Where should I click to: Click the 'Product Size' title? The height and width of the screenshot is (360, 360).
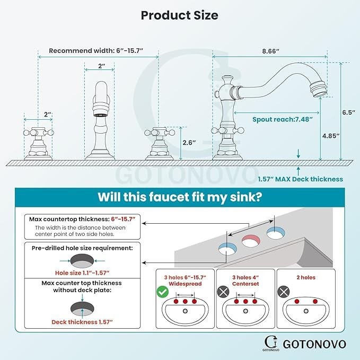(180, 15)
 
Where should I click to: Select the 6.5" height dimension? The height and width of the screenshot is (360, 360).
(348, 112)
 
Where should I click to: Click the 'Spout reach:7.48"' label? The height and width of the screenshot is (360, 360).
(282, 119)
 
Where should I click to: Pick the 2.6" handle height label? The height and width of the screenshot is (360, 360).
(189, 142)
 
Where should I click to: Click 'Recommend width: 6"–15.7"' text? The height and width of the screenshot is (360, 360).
(96, 51)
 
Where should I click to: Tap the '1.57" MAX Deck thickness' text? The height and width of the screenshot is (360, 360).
(300, 179)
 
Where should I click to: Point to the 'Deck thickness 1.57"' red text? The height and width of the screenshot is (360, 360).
(82, 322)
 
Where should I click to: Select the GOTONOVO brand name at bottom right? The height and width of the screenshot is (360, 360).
(314, 344)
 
